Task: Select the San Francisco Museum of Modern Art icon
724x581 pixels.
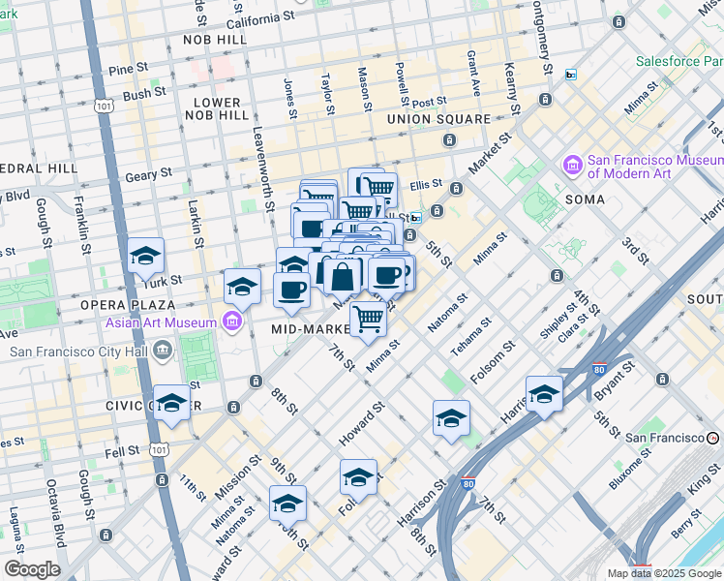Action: point(572,166)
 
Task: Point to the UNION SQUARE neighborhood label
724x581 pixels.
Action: point(438,119)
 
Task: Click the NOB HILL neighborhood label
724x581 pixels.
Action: point(216,41)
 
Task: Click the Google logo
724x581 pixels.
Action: point(32,569)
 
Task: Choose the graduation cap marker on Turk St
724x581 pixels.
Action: point(146,256)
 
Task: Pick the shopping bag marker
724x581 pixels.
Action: point(343,277)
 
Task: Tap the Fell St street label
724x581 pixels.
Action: point(123,451)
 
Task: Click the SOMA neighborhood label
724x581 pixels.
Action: point(587,199)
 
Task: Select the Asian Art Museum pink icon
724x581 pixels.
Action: point(231,321)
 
